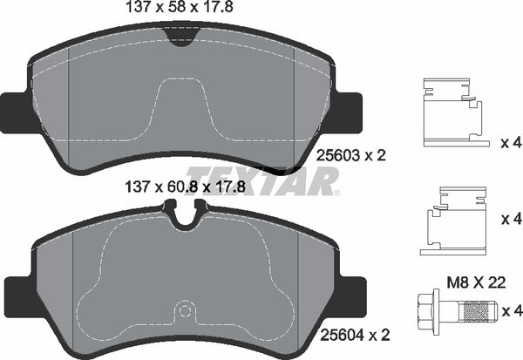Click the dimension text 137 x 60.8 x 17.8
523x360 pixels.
(x=180, y=185)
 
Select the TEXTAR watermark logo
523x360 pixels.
(x=262, y=180)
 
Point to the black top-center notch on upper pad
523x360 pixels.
(x=180, y=36)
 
